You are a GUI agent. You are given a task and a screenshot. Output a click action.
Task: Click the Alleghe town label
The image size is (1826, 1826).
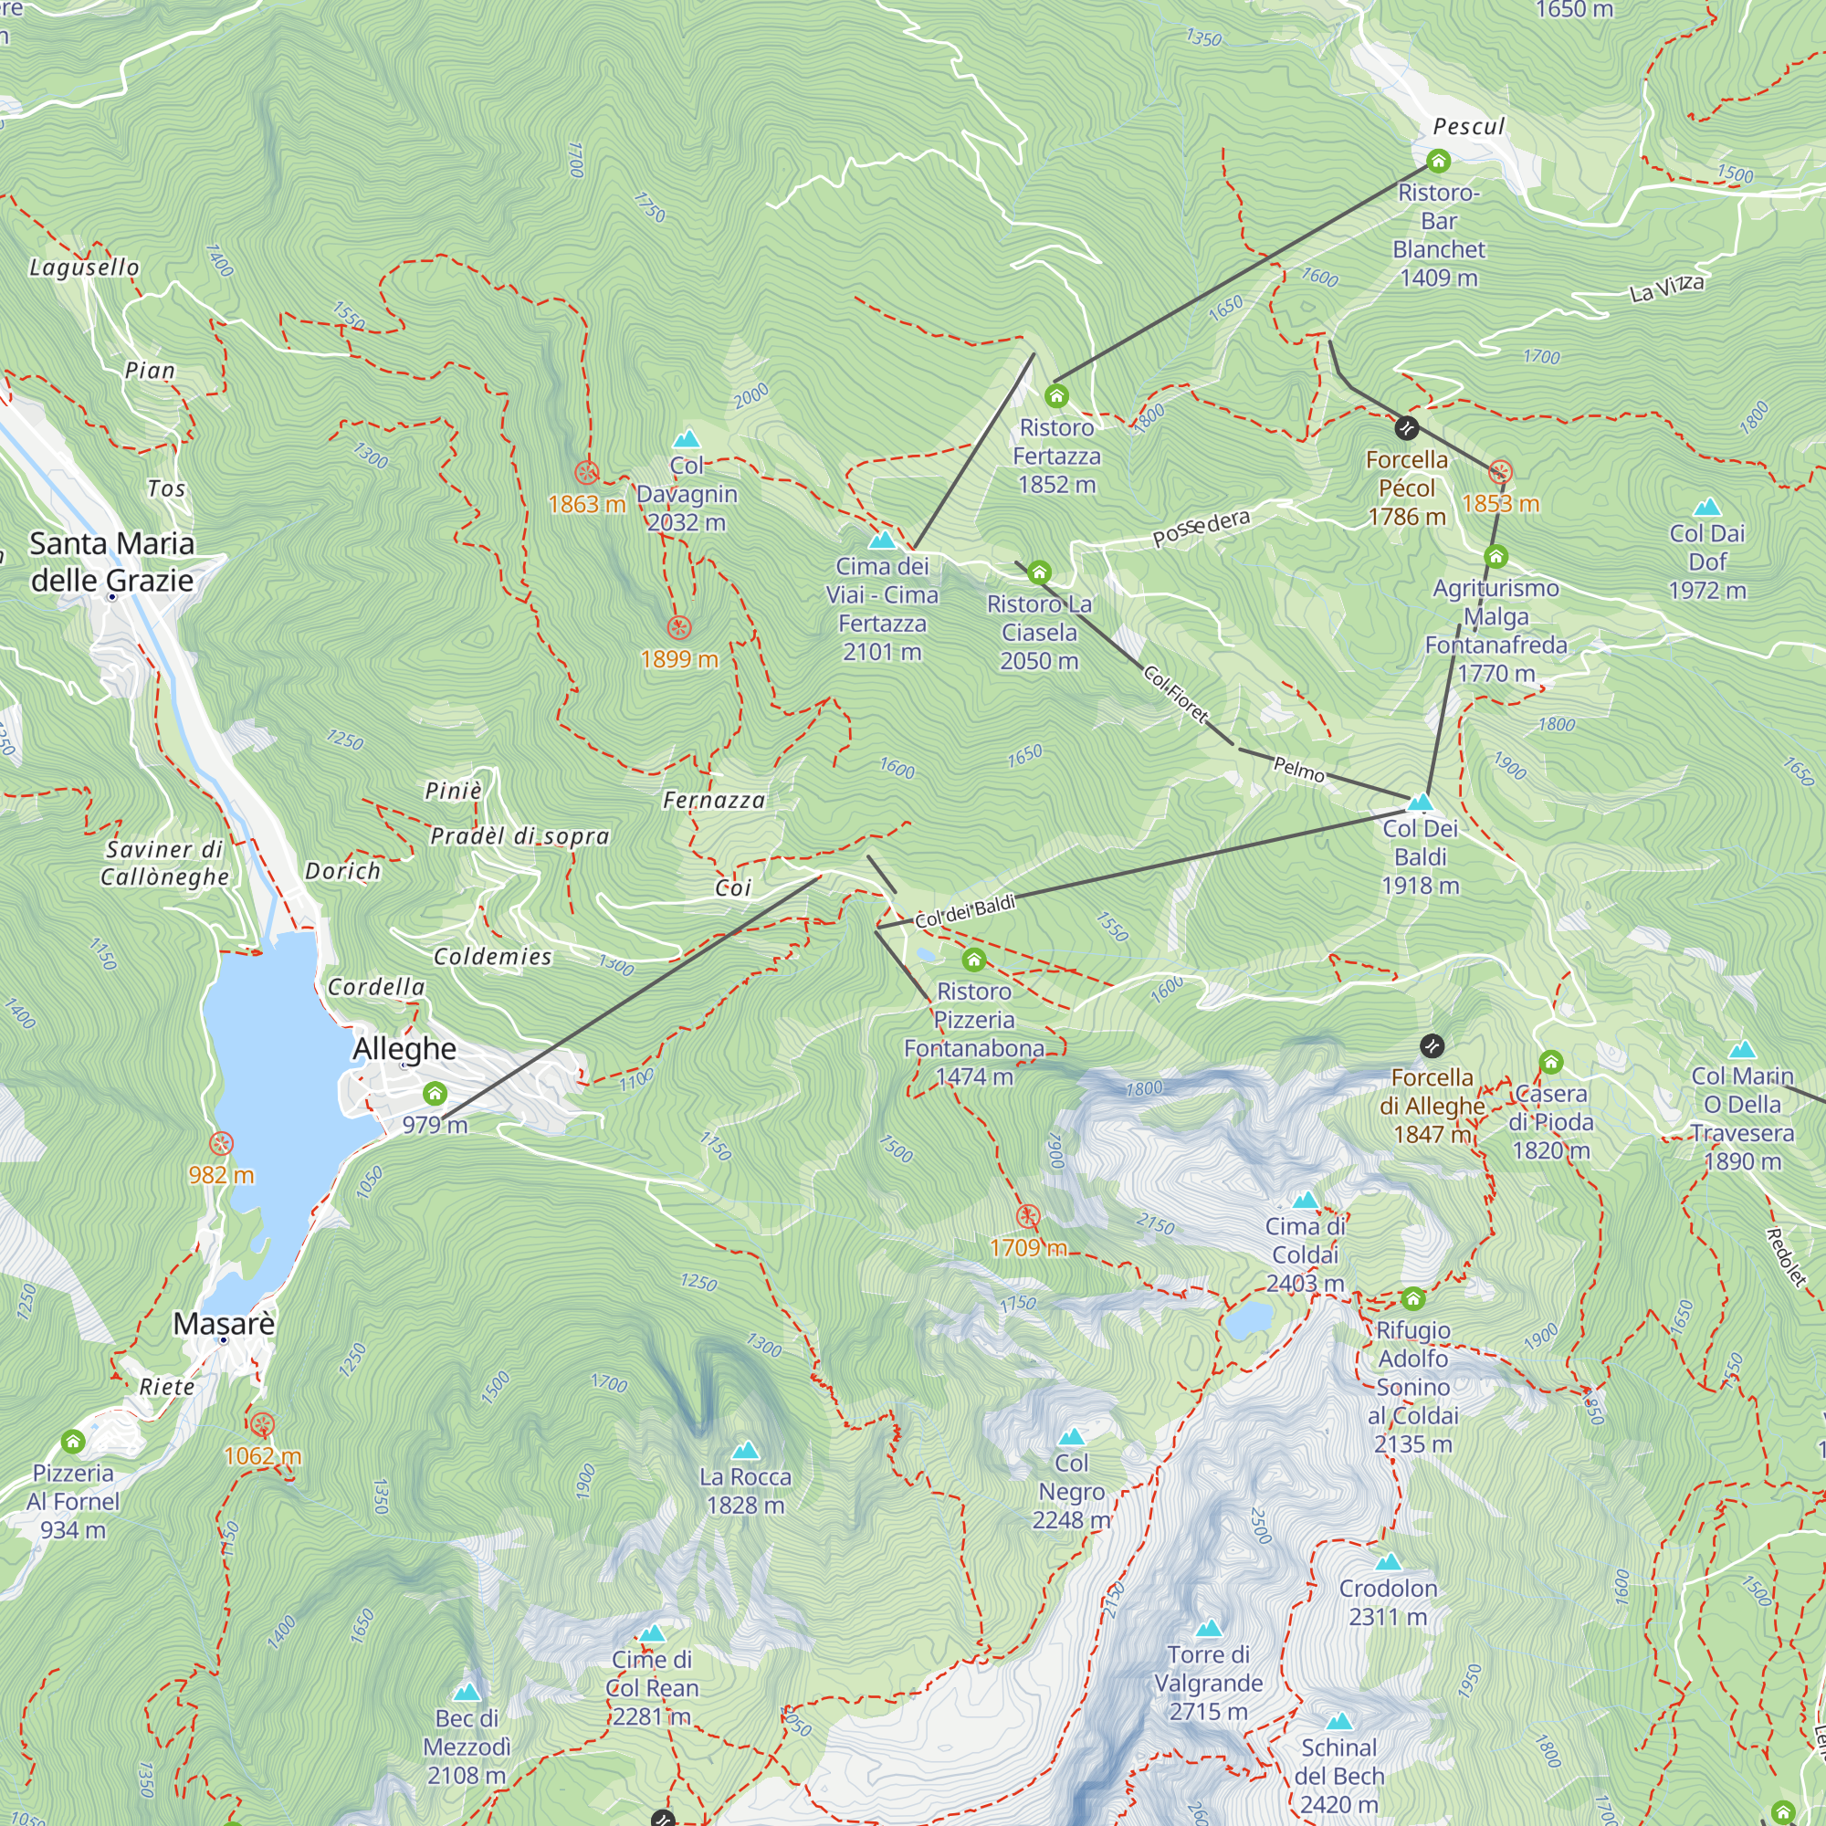coord(404,1049)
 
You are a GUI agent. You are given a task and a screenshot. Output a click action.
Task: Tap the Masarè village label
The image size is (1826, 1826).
coord(224,1324)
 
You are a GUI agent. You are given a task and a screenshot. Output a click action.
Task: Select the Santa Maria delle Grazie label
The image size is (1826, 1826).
coord(111,561)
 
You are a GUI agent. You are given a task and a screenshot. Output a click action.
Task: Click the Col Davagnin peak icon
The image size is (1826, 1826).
coord(687,439)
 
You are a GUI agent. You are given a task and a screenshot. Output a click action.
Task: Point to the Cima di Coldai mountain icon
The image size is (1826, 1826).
coord(1306,1201)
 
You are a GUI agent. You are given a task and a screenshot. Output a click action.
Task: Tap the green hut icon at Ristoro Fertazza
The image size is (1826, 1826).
coord(1056,396)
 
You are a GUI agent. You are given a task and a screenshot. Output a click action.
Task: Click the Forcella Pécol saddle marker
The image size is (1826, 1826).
coord(1406,428)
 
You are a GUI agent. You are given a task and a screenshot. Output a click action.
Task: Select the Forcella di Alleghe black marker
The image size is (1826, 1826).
coord(1432,1045)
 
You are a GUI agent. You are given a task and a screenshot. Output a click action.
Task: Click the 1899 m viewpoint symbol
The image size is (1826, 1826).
coord(678,627)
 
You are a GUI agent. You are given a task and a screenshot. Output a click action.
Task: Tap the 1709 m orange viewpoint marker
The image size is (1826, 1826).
coord(1028,1216)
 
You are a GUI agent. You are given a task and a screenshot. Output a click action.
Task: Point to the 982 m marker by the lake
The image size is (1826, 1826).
coord(221,1144)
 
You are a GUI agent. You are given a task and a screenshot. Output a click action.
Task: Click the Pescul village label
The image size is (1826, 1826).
coord(1468,127)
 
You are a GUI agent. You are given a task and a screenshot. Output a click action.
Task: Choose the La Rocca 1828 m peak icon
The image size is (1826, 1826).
coord(746,1451)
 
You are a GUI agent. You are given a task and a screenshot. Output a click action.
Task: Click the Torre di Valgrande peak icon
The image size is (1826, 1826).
coord(1209,1629)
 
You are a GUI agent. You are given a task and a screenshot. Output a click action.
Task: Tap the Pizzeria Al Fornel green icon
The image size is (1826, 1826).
coord(73,1442)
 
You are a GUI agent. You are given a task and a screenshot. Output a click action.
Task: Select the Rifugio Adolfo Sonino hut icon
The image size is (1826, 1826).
coord(1412,1297)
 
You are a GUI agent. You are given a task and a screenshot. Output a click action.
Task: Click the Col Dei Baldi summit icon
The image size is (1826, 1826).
coord(1420,803)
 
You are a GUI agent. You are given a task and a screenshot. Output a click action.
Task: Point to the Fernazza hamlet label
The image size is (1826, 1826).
coord(714,801)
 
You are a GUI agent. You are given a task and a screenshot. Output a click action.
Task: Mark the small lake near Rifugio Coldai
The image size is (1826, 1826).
coord(1248,1320)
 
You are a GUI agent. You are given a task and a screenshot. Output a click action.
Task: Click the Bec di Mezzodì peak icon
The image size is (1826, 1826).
coord(467,1692)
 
